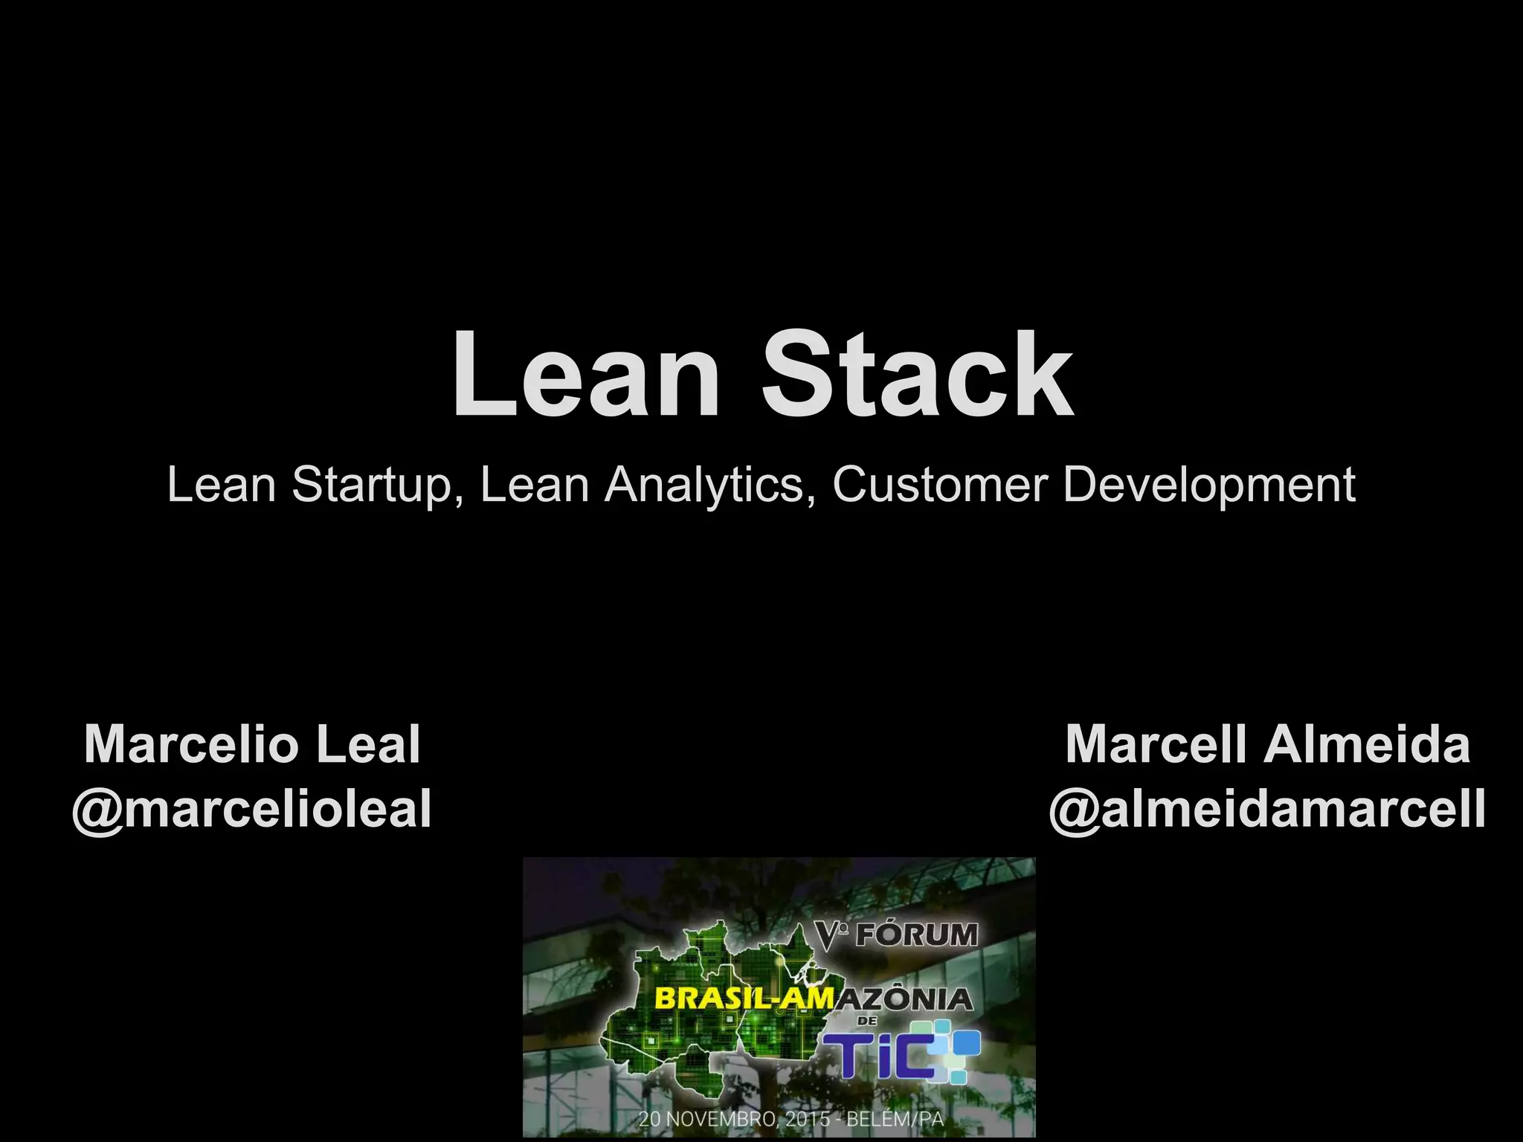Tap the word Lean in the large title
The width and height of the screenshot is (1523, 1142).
tap(586, 375)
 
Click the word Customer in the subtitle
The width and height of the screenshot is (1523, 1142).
tap(940, 485)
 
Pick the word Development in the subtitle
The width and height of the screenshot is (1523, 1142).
tap(1209, 485)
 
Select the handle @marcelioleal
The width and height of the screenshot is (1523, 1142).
tap(252, 809)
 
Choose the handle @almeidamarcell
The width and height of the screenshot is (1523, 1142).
tap(1267, 809)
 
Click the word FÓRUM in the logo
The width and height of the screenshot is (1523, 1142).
tap(916, 935)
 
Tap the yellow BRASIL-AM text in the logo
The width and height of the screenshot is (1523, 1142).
tap(744, 999)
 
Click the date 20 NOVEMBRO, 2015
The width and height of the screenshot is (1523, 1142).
tap(734, 1118)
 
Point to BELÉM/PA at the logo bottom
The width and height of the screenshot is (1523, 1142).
tap(895, 1118)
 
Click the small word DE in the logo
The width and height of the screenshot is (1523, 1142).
tap(867, 1022)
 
